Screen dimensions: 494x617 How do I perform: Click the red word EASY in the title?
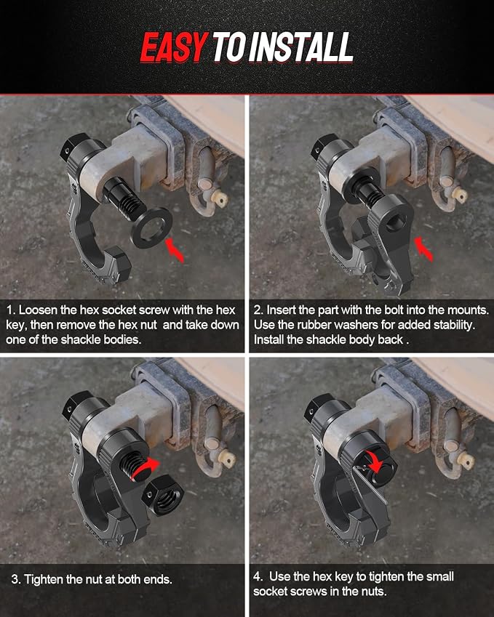[x=174, y=47]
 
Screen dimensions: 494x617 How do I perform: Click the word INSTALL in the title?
[x=301, y=47]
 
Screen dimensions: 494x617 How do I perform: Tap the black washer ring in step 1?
[x=151, y=228]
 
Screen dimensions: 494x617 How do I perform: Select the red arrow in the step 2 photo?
[x=423, y=249]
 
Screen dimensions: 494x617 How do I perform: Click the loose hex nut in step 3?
[x=163, y=495]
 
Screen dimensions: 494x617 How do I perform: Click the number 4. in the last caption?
[x=258, y=576]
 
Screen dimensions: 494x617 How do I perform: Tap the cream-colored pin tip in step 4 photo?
[x=469, y=461]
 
